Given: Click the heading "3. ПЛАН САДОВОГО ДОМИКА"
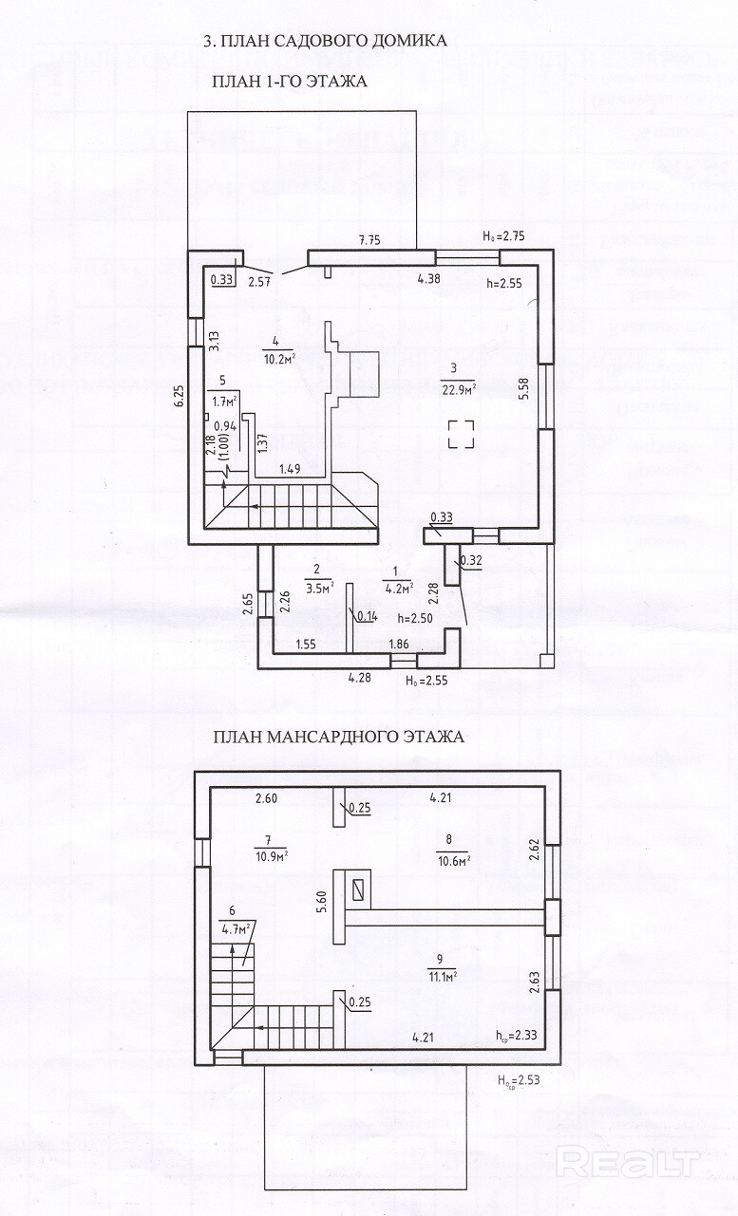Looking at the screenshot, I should tap(326, 41).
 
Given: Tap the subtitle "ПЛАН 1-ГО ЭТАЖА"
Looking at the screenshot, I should tap(290, 83).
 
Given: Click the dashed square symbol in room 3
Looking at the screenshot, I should tap(463, 435).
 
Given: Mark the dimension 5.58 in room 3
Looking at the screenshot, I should tap(522, 390).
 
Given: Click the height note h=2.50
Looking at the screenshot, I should tap(414, 619).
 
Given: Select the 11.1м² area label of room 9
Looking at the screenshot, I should tap(442, 975).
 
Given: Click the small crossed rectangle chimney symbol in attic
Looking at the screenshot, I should tap(358, 889).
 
